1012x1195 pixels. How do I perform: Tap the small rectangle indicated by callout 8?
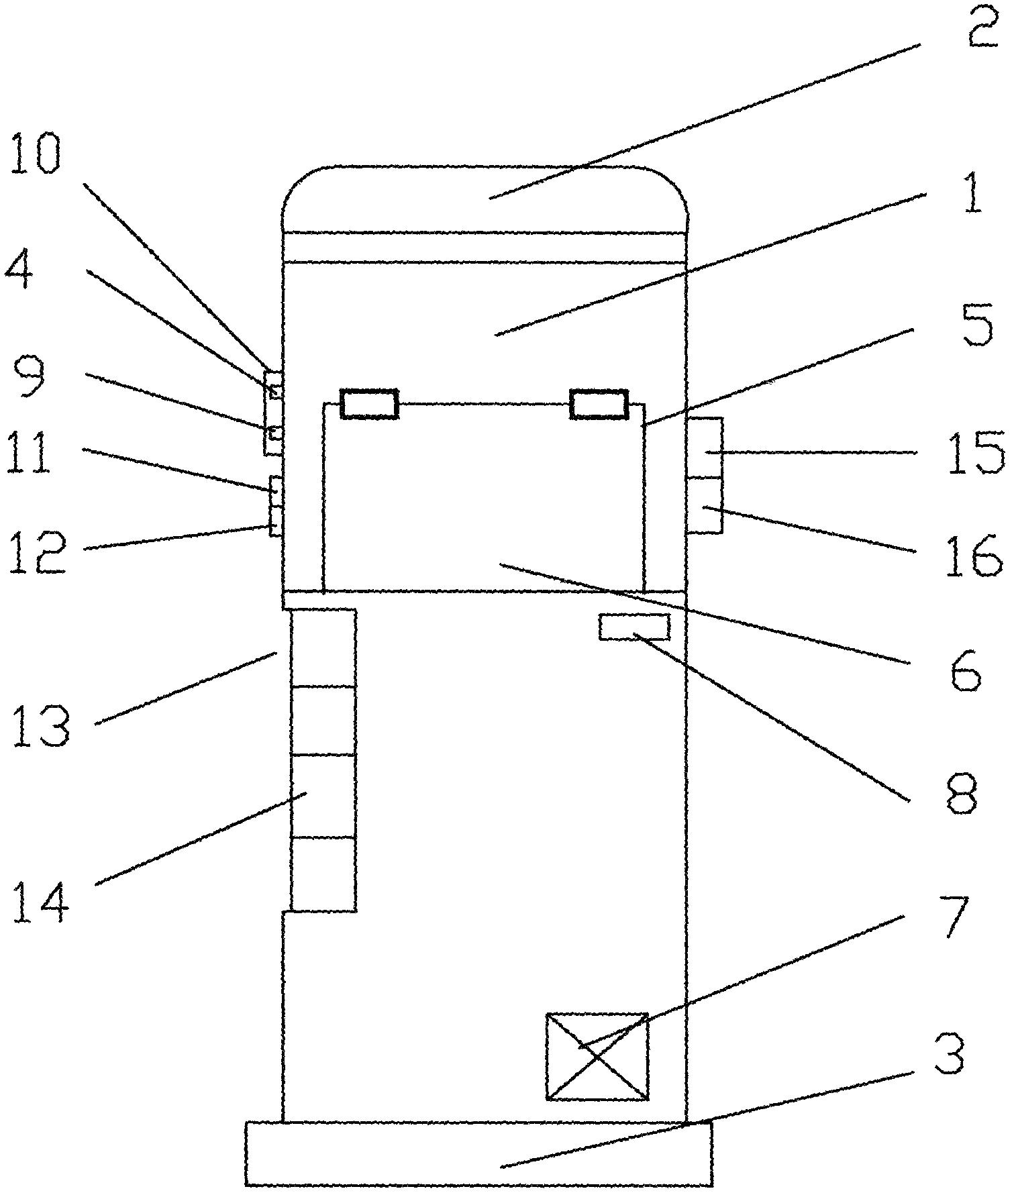coord(634,627)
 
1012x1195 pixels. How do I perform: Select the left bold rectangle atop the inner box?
coord(370,404)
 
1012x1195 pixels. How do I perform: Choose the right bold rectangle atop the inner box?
coord(599,404)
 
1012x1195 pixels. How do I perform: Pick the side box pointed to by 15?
coord(704,448)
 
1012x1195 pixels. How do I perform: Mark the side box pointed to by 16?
coord(704,505)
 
